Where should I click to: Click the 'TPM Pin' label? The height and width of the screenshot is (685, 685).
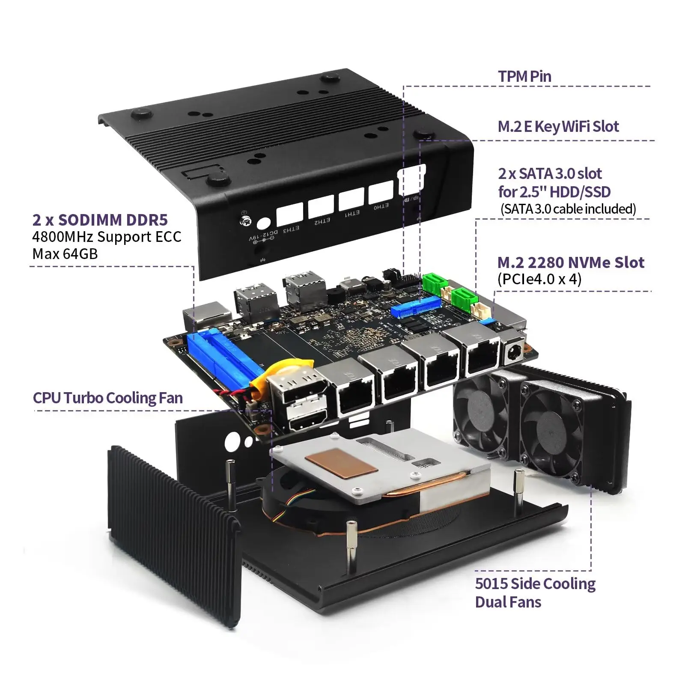click(x=524, y=77)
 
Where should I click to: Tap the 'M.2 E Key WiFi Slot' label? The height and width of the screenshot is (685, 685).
click(x=558, y=126)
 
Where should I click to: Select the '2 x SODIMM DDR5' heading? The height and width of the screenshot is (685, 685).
click(x=100, y=220)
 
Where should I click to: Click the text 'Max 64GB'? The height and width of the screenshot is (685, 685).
click(x=65, y=254)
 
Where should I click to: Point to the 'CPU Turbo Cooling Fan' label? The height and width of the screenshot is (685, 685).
click(x=108, y=398)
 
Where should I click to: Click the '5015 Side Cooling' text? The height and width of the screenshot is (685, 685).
click(x=535, y=584)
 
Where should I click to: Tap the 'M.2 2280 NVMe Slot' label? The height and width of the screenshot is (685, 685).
click(x=570, y=262)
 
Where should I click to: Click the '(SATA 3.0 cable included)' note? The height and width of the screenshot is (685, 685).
click(x=568, y=209)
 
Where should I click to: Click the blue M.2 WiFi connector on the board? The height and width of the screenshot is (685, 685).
click(x=415, y=307)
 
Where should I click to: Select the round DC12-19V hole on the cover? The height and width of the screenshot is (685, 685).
click(x=264, y=224)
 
